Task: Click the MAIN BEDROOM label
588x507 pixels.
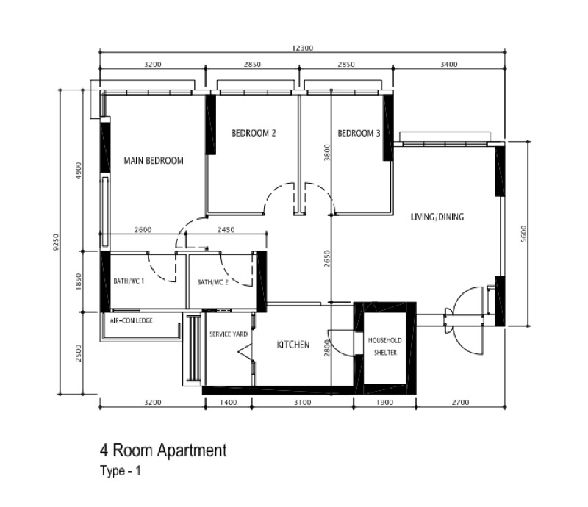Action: [154, 160]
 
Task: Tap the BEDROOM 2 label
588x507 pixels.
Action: [254, 133]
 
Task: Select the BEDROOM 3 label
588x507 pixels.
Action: [359, 133]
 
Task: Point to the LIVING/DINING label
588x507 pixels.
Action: [437, 217]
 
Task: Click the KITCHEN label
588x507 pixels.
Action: [293, 345]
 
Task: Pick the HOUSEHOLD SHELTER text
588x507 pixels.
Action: [384, 346]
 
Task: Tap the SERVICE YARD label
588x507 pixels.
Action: [229, 334]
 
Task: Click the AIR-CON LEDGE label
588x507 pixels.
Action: [132, 320]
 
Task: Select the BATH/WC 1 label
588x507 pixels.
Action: [129, 281]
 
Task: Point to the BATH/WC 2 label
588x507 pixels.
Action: [212, 282]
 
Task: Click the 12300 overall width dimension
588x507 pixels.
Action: [302, 48]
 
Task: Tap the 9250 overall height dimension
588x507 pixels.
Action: [56, 242]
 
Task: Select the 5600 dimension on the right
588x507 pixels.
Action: [524, 234]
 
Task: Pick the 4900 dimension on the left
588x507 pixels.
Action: [79, 170]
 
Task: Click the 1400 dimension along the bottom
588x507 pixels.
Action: [229, 403]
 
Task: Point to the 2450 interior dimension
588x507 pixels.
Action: [226, 229]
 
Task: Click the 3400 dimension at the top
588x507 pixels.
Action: [449, 64]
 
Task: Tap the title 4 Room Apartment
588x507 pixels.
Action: [163, 450]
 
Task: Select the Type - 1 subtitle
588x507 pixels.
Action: [121, 470]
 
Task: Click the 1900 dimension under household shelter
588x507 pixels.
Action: [384, 403]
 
